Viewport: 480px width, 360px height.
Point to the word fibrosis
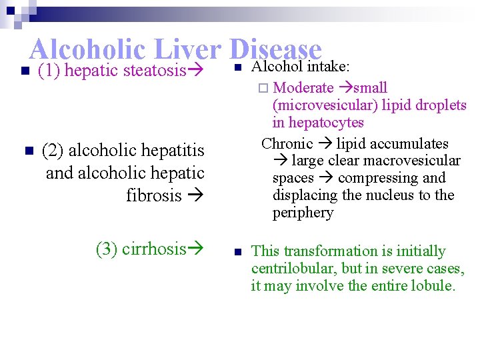tap(153, 195)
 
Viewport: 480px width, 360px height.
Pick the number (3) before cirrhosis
tap(107, 249)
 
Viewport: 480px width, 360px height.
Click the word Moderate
tap(303, 87)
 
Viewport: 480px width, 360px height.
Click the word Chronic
tap(287, 143)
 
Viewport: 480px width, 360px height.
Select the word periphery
tap(302, 213)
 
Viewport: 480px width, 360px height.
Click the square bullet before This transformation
tap(237, 251)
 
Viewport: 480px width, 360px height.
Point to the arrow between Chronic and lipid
tap(325, 144)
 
